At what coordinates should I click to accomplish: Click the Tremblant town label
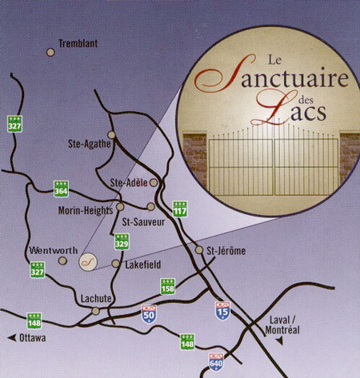78,45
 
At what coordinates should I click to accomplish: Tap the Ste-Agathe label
86,145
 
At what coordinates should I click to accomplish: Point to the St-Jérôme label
226,251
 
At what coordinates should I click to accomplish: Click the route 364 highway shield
62,189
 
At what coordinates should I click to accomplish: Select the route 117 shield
180,209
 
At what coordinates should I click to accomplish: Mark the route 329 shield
122,241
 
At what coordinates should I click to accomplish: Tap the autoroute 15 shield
222,310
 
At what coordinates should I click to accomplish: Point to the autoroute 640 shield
214,361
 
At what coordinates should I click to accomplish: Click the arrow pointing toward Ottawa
12,338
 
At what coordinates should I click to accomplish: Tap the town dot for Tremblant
50,52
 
